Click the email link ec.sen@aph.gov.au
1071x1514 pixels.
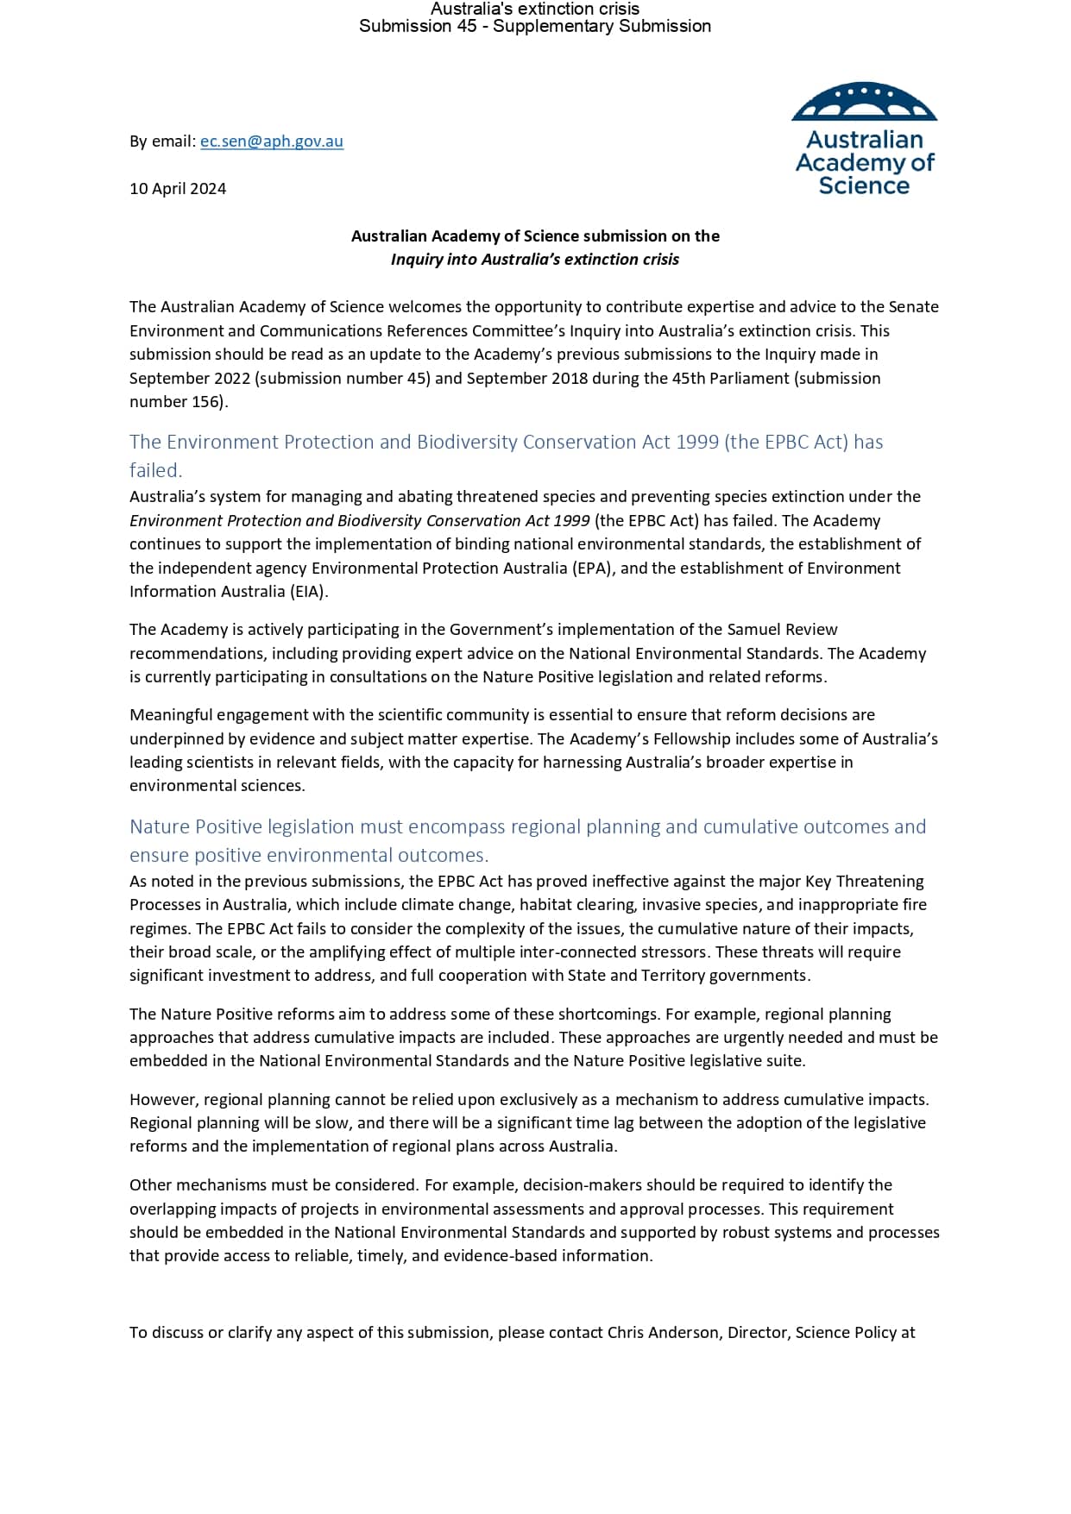coord(272,141)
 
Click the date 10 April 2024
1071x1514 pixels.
coord(178,189)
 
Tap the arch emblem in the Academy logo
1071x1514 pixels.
coord(864,102)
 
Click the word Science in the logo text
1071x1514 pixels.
coord(864,186)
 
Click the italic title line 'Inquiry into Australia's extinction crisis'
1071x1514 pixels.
coord(534,260)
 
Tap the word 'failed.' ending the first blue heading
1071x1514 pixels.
coord(156,470)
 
